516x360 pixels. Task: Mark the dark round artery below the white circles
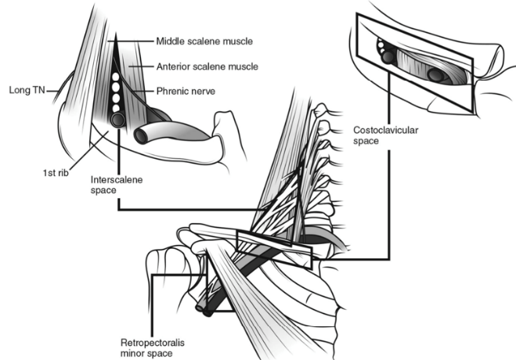(118, 121)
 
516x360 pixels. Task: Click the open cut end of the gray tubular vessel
(143, 135)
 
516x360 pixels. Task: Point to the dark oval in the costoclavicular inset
(435, 75)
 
